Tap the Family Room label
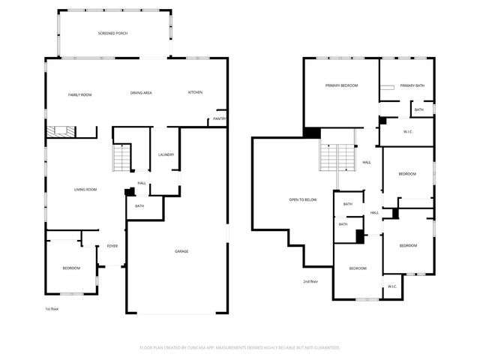pos(79,94)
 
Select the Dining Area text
pos(141,92)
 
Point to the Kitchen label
pos(195,92)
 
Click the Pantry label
pos(219,118)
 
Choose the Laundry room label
pos(166,155)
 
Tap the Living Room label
pos(85,189)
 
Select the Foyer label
pos(112,246)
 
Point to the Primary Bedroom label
pos(341,85)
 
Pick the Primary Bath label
pos(412,85)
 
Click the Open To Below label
pos(303,199)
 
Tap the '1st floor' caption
pos(52,308)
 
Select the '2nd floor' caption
pos(310,281)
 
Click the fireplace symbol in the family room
pos(59,132)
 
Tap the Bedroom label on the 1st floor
pos(70,268)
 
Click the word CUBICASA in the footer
pos(201,348)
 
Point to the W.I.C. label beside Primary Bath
pos(408,133)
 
